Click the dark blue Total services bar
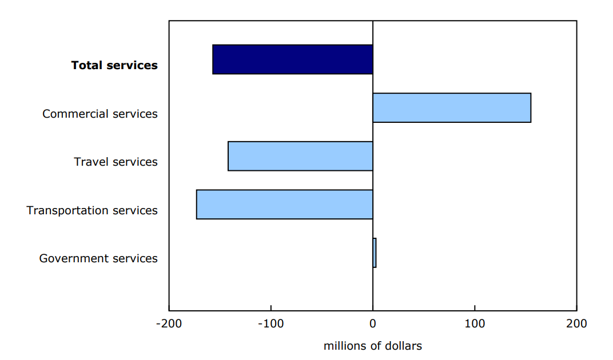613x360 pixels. click(292, 59)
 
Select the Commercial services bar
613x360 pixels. click(452, 107)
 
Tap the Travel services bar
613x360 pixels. click(300, 156)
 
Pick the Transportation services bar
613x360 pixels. click(284, 204)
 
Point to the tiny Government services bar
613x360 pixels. click(375, 253)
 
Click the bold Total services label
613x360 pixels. click(114, 65)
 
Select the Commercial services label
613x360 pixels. click(100, 114)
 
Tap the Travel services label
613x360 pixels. click(116, 162)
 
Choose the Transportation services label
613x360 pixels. click(92, 210)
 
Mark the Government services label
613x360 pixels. click(98, 258)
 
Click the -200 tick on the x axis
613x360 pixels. click(169, 323)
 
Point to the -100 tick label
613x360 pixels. click(270, 323)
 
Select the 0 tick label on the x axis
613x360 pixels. click(373, 323)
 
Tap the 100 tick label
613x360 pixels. click(475, 323)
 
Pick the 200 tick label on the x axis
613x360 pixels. click(576, 323)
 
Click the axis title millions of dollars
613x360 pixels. click(372, 346)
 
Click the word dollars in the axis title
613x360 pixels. click(403, 346)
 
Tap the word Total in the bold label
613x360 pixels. click(87, 65)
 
